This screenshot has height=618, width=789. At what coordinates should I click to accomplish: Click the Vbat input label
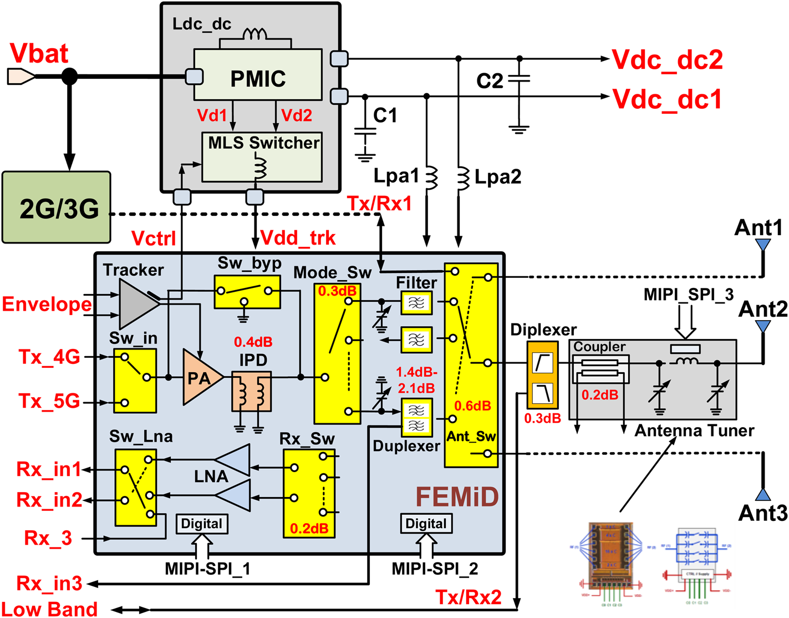39,53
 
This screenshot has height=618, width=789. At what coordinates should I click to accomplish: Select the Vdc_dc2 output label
668,59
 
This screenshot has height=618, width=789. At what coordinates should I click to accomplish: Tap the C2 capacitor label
490,81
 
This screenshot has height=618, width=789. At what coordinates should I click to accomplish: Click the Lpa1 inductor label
396,176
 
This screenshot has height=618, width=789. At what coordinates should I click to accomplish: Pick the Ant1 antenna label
758,227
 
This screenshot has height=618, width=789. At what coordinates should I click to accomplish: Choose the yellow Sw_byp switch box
247,291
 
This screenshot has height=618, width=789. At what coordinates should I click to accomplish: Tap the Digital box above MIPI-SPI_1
202,524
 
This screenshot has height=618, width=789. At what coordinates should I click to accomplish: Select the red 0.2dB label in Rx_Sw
309,528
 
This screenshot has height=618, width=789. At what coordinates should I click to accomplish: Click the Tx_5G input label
49,401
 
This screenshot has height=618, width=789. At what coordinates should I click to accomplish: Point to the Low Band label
49,609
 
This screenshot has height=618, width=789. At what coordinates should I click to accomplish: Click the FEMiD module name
457,497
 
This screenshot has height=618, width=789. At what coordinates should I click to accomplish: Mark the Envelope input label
47,304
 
